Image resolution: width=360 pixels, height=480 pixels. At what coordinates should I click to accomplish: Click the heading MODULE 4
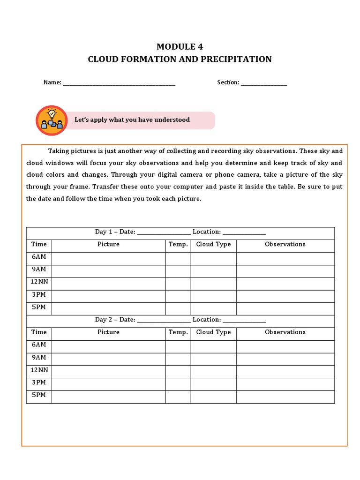coord(180,46)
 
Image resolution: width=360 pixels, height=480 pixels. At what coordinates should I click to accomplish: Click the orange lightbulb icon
coord(52,120)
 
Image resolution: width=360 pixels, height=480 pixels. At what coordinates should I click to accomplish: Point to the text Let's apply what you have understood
coord(132,120)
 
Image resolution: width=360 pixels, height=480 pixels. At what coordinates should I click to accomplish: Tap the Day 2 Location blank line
coord(244,320)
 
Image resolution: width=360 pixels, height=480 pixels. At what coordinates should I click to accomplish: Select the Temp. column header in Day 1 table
coord(178,244)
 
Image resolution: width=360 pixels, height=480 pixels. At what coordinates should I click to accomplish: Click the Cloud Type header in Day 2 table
coord(213,332)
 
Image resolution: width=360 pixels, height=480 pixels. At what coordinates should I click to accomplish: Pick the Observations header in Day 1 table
coord(285,244)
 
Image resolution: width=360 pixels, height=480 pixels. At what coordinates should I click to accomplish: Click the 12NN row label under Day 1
coord(39,282)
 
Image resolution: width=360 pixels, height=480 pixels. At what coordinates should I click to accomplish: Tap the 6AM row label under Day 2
coord(39,345)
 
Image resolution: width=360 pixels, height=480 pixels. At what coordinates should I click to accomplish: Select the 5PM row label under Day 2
coord(39,395)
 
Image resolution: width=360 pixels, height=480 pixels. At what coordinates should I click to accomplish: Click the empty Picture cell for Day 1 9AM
coord(108,271)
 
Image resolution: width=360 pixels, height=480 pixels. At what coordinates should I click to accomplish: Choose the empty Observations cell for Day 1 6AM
coord(285,259)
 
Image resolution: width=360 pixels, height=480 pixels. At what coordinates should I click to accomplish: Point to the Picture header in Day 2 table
coord(108,332)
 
